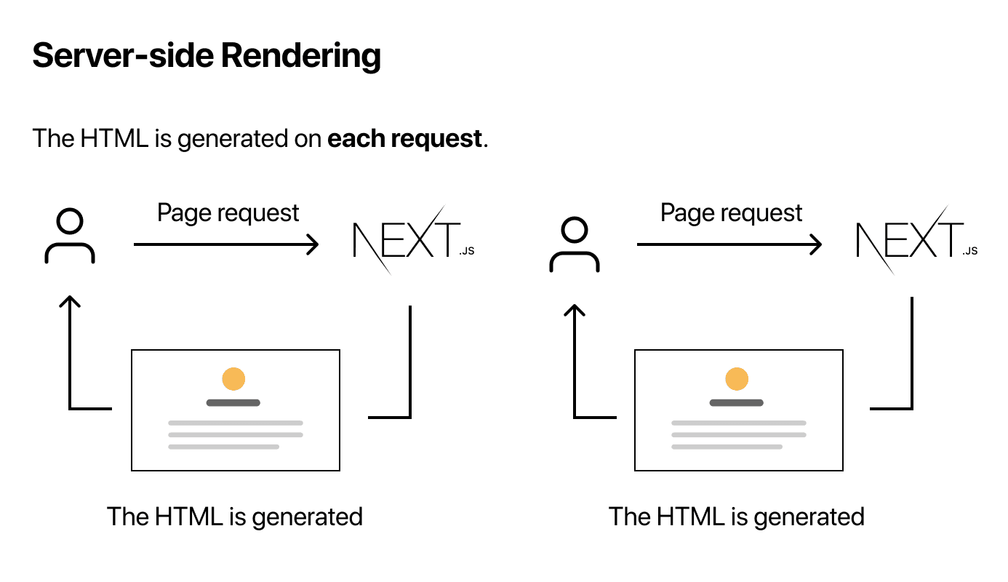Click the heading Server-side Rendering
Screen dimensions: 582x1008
(x=207, y=56)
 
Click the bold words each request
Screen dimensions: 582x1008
(x=405, y=138)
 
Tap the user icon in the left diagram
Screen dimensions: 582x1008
(x=70, y=236)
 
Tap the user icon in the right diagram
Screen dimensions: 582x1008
(x=574, y=246)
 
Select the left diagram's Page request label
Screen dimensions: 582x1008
(x=228, y=213)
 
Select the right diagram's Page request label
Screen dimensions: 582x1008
(x=732, y=213)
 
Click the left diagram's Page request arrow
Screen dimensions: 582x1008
(x=226, y=244)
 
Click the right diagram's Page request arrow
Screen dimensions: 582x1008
(x=729, y=244)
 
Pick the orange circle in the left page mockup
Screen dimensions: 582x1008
(x=233, y=379)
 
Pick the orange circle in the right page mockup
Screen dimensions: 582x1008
(x=737, y=379)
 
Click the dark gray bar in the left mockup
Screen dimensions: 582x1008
(x=233, y=402)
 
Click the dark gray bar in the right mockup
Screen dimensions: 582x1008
(x=737, y=402)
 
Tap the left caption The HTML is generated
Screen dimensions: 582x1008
(x=235, y=517)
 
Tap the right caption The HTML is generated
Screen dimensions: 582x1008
(x=737, y=517)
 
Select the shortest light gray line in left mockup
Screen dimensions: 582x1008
(x=224, y=447)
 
